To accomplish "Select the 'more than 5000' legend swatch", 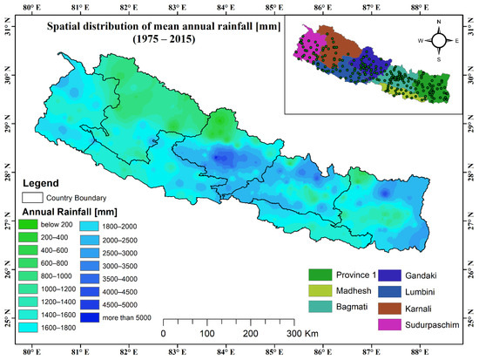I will (90, 317).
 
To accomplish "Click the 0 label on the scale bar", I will (164, 334).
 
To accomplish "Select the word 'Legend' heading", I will (40, 184).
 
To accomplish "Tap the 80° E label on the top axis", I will (31, 7).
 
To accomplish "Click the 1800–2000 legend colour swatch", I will (90, 224).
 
